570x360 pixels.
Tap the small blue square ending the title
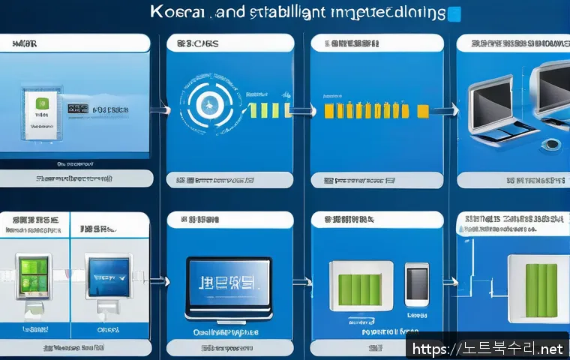point(454,14)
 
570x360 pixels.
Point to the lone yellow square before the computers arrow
point(423,111)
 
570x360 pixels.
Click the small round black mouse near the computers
point(553,144)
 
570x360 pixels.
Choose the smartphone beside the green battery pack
point(416,286)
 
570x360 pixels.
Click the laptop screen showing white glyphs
point(228,285)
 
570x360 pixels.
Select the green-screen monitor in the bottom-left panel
point(34,276)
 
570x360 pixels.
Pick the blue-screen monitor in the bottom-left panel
point(107,276)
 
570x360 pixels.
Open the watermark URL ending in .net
point(487,349)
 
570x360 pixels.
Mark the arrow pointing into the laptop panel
point(157,283)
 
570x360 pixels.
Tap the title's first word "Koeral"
point(173,13)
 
